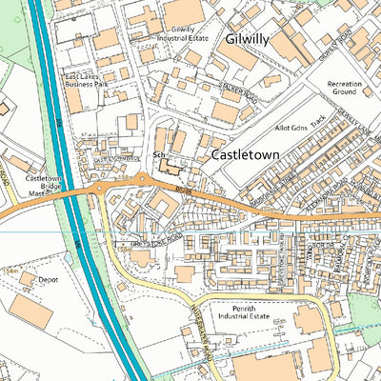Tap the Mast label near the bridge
[35, 193]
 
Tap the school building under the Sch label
[170, 169]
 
